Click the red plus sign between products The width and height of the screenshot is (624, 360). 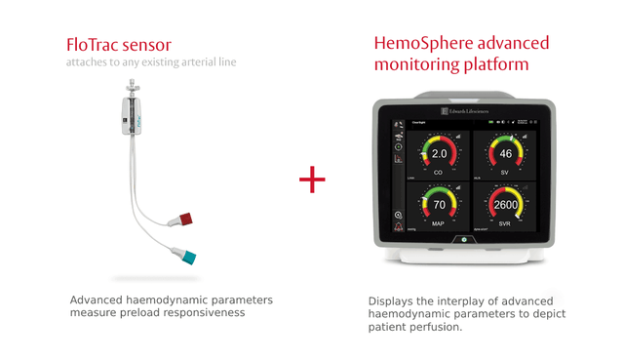point(312,180)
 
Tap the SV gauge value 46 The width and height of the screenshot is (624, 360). point(505,154)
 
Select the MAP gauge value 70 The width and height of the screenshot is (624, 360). point(439,205)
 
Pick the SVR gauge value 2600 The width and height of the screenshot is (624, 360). point(505,205)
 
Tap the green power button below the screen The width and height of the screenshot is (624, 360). point(464,239)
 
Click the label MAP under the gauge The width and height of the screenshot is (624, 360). point(439,223)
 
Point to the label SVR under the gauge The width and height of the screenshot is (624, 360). point(505,223)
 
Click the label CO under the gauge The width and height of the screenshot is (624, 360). point(439,172)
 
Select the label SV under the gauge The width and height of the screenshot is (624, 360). point(505,172)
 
